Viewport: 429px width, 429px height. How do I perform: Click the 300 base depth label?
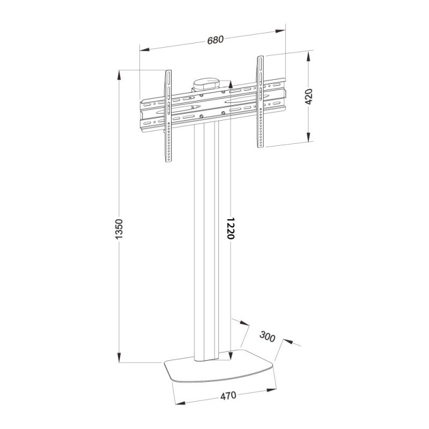267,338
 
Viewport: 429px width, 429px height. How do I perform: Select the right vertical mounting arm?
260,102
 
